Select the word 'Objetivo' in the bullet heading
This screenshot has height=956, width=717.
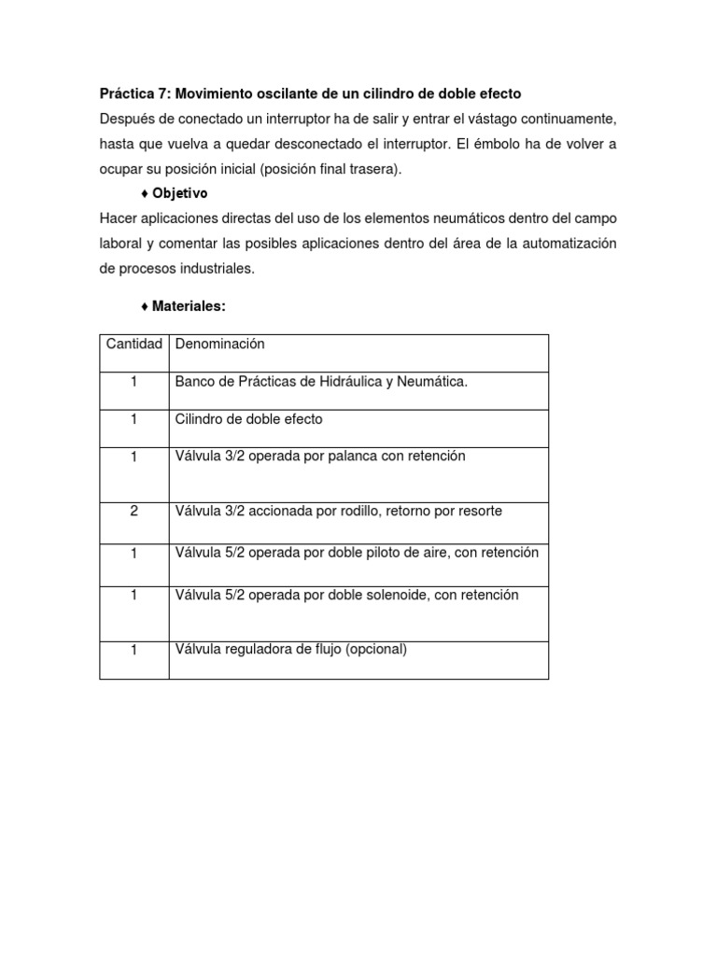(x=180, y=193)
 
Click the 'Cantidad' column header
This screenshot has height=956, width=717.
(x=134, y=344)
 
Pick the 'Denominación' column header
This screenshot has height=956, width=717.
(x=220, y=344)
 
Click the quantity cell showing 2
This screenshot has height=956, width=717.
(x=134, y=512)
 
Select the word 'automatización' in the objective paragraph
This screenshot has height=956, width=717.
(x=570, y=243)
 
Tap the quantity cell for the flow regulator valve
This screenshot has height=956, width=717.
(x=134, y=651)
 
